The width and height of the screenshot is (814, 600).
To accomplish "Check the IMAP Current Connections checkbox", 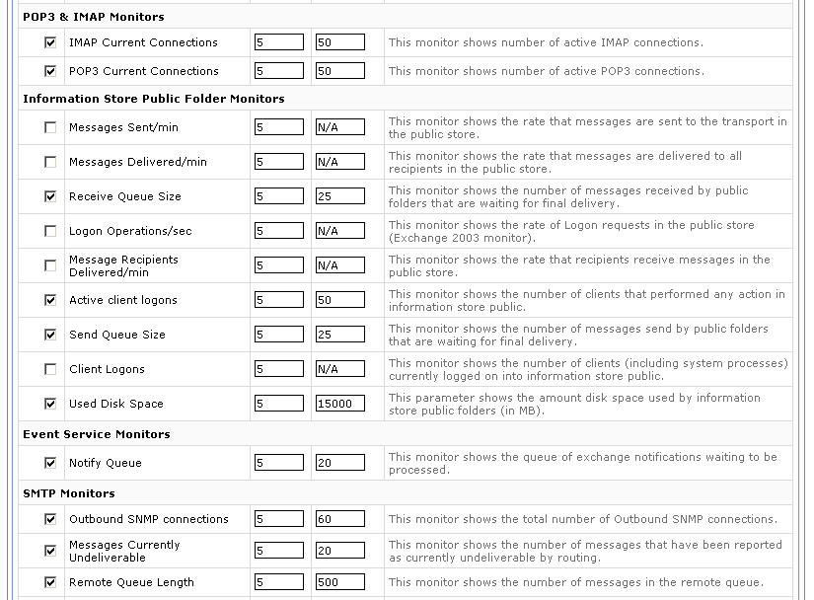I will pos(50,43).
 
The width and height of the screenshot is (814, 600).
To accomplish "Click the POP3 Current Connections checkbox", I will pos(50,71).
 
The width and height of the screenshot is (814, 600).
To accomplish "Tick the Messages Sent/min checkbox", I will pos(50,127).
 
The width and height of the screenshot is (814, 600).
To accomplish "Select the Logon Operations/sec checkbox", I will pos(50,231).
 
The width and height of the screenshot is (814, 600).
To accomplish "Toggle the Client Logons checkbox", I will pos(50,369).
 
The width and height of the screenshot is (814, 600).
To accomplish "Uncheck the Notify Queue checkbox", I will pos(50,463).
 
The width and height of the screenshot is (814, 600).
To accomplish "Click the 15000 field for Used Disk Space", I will pos(340,404).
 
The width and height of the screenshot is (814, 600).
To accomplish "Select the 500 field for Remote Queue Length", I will pos(340,582).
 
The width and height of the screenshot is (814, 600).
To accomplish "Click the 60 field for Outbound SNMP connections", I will pos(340,519).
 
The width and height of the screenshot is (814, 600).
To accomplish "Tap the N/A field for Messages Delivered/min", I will pos(340,162).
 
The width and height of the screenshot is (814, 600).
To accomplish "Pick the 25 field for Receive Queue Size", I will pos(340,196).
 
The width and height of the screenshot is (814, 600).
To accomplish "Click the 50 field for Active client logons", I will pos(340,300).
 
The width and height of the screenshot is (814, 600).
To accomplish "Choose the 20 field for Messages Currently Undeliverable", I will pos(340,551).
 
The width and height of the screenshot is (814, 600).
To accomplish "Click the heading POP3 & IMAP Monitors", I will pos(94,17).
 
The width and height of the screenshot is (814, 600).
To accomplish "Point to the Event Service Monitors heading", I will pos(97,434).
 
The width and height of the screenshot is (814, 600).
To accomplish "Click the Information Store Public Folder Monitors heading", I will pos(154,99).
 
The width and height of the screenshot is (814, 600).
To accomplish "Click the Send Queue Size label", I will pos(117,335).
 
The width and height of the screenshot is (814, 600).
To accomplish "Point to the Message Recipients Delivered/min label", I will pos(123,265).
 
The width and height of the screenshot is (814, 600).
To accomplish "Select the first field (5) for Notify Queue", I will pos(279,463).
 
